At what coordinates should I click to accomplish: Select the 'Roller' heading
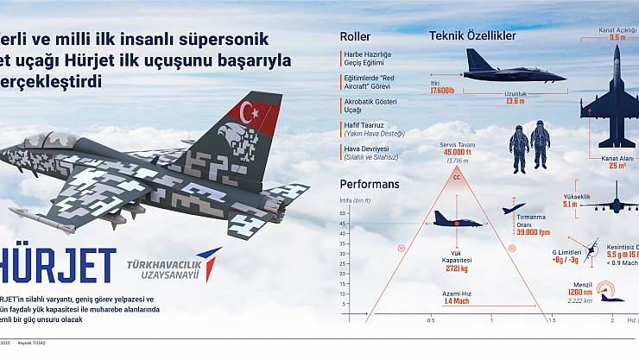coord(356,37)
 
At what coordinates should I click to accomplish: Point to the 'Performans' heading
coord(370,184)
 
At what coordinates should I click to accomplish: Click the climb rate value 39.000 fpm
coord(533,232)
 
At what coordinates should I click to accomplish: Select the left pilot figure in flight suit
coord(519,147)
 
